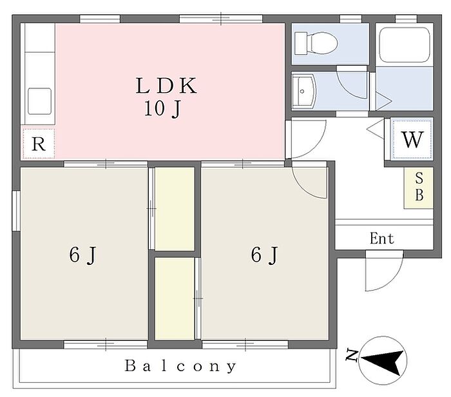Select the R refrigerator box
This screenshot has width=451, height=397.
point(39,144)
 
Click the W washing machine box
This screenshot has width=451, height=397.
point(412,139)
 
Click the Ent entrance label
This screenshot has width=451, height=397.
point(382,238)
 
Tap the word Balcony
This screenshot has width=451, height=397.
point(180,367)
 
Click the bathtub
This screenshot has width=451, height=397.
point(404,44)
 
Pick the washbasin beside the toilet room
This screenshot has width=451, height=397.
point(303,91)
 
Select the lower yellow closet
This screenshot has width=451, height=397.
point(174,298)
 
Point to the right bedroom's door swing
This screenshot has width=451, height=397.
point(309,181)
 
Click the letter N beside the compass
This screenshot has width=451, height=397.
point(352,354)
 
